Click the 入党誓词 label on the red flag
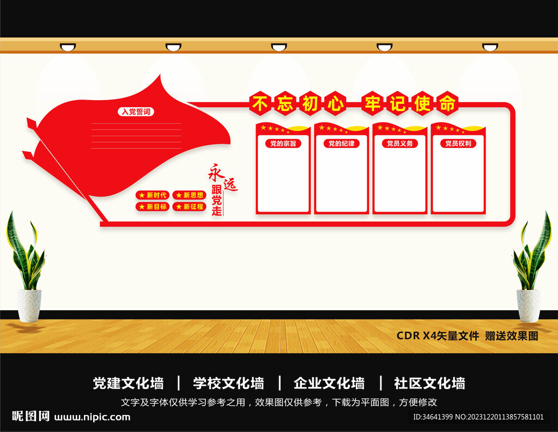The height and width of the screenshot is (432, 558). coord(135,112)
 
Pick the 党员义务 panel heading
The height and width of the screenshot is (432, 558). coord(399,144)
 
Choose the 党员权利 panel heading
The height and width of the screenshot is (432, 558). coord(458,144)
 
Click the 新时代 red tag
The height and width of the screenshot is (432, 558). coord(153,195)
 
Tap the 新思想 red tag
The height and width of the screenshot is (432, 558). coord(189,195)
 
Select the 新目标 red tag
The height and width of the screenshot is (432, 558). coord(153,207)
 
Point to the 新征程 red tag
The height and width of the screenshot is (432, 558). coord(189,207)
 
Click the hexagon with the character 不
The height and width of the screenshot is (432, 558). coord(260,103)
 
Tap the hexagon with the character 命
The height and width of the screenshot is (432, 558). coord(447,103)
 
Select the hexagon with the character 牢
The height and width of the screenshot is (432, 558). coord(372,103)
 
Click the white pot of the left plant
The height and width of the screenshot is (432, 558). coord(29,305)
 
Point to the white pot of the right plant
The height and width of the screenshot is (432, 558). coord(528,305)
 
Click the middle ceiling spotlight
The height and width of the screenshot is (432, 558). coord(279,47)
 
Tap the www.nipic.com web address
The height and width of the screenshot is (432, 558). coord(93,417)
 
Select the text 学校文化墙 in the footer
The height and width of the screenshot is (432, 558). coord(228,384)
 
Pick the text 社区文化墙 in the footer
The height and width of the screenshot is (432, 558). coord(429,384)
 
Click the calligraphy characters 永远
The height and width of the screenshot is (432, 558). coord(222,178)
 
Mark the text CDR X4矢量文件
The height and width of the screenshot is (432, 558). coord(438,336)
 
